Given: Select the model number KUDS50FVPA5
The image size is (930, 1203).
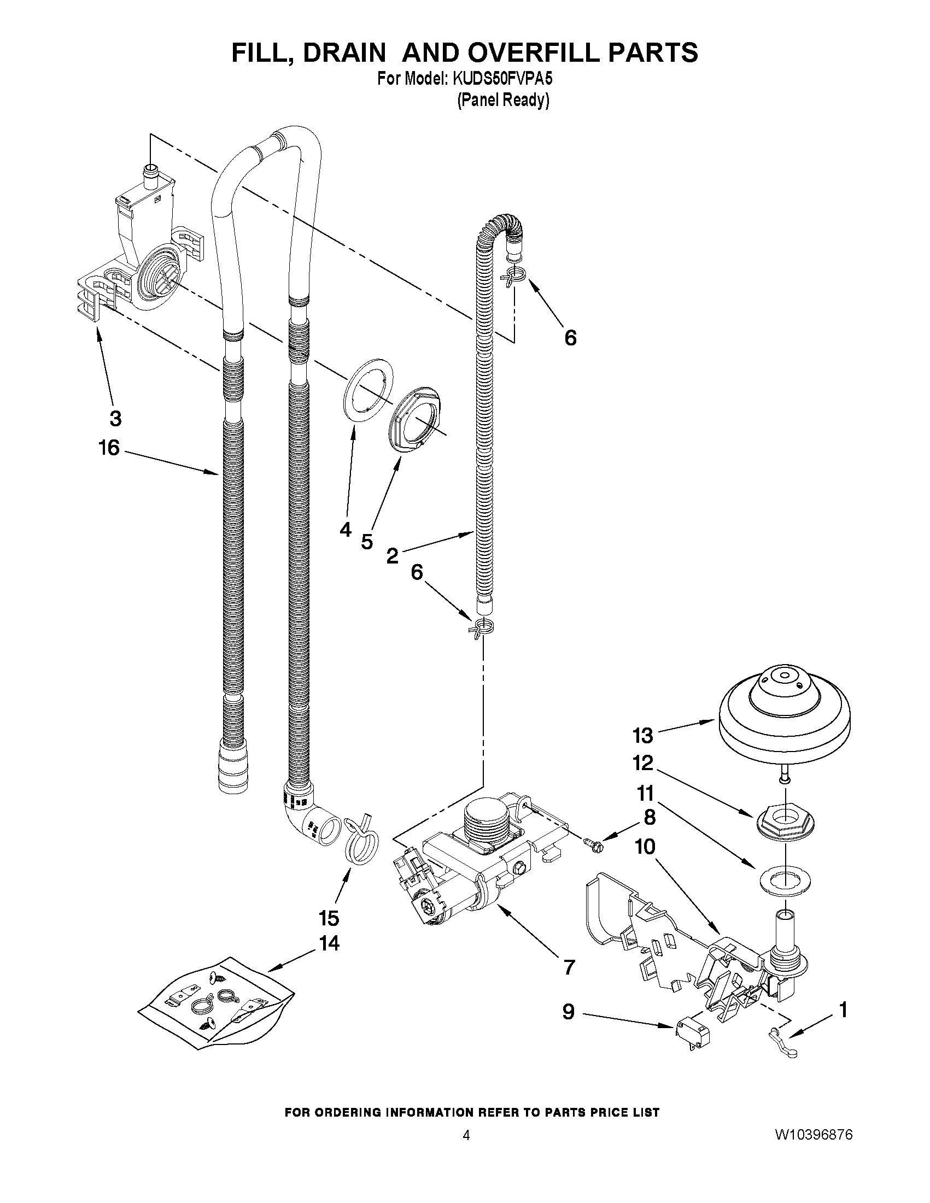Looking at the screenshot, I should tap(502, 79).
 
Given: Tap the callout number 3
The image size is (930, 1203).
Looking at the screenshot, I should tap(115, 419).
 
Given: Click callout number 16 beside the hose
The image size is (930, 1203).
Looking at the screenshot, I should tap(109, 448).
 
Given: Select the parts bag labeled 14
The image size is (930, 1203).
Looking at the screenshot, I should tap(216, 1004).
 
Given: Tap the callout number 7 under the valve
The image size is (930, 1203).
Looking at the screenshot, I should tap(569, 967).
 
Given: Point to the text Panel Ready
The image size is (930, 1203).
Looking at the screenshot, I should tap(503, 100).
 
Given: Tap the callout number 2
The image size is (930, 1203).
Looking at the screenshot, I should tap(392, 556).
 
